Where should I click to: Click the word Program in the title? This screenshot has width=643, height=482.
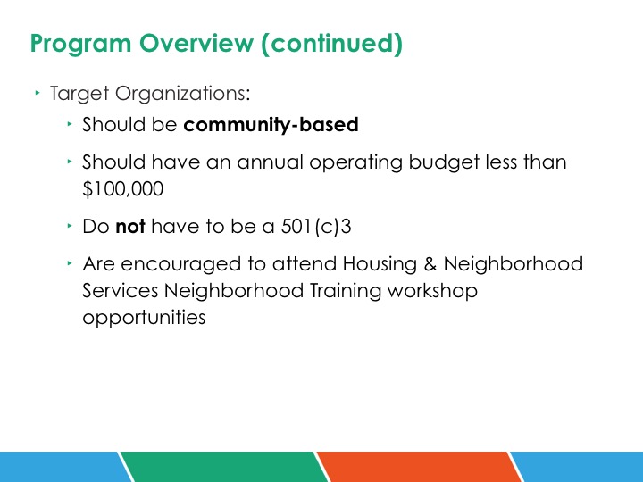tap(80, 44)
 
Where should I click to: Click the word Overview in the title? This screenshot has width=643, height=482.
tap(196, 43)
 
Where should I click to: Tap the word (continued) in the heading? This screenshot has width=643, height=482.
tap(331, 44)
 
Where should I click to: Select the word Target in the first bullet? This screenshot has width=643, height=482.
tap(79, 94)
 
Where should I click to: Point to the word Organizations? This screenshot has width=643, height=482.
tap(182, 94)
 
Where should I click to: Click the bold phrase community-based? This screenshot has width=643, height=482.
tap(271, 125)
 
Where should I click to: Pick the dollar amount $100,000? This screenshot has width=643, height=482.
tap(122, 189)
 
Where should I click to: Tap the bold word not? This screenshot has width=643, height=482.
tap(130, 226)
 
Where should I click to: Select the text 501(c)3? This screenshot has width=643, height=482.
tap(316, 226)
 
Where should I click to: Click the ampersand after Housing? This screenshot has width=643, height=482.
tap(430, 263)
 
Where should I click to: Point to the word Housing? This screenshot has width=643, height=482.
tap(380, 264)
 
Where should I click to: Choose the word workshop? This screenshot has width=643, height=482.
tap(432, 291)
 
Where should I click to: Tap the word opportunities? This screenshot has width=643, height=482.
tap(144, 318)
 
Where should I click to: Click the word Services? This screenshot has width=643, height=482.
tap(121, 291)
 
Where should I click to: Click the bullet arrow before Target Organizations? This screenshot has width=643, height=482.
tap(38, 93)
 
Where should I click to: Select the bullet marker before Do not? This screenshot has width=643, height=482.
tap(70, 226)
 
